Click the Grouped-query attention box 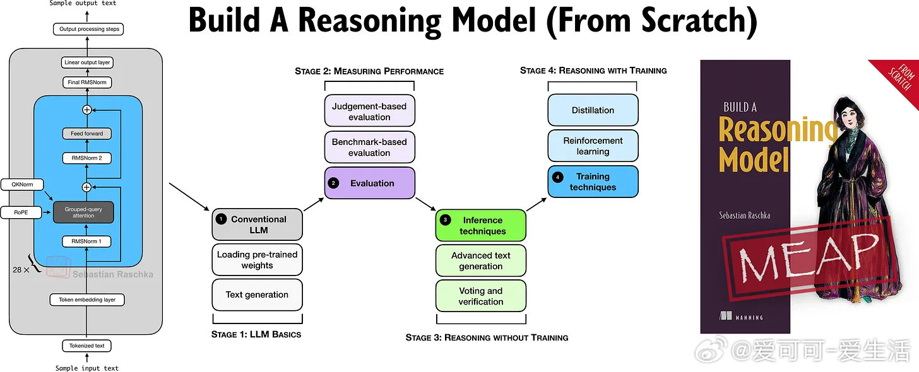click(83, 212)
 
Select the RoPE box click(21, 212)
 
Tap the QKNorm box click(22, 185)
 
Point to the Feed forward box click(86, 134)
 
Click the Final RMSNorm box click(87, 83)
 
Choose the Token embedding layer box click(87, 299)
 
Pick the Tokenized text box click(86, 346)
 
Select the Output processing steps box click(88, 29)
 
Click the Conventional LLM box click(258, 225)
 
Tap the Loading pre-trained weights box click(258, 260)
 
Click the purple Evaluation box click(370, 183)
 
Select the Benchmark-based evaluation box click(370, 148)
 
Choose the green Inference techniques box click(481, 226)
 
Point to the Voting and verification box click(481, 296)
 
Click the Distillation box click(593, 110)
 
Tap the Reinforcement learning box click(593, 146)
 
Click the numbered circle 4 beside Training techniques click(557, 177)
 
